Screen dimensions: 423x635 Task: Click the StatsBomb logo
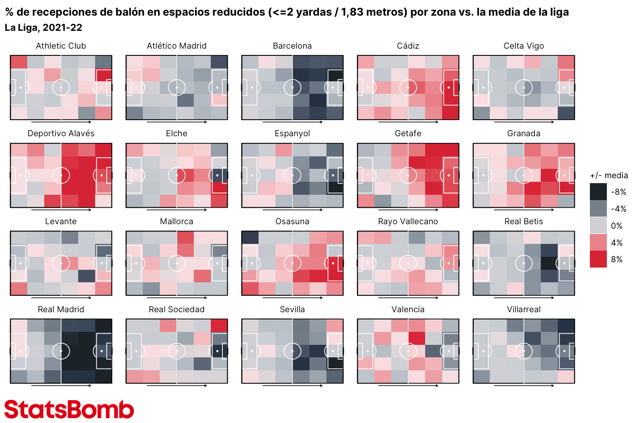[69, 409]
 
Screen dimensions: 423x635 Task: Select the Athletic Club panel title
[61, 46]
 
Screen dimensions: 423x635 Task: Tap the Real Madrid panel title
[61, 310]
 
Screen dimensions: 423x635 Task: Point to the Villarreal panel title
[523, 310]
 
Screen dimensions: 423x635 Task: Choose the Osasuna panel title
[292, 222]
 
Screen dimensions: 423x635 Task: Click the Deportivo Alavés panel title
[61, 134]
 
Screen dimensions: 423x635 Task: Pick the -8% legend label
[618, 192]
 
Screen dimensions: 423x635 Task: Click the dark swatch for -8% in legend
[598, 192]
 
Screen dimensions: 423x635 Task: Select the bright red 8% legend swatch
[598, 259]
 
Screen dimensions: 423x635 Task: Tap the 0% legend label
[617, 226]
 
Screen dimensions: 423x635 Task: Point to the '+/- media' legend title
[609, 176]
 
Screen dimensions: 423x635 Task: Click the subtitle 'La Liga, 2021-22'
[43, 28]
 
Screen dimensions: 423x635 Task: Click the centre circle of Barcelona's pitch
[292, 88]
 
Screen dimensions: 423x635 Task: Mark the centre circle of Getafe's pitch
[408, 176]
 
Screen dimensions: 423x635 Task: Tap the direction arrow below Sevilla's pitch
[292, 385]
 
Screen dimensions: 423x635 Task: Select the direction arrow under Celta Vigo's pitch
[524, 122]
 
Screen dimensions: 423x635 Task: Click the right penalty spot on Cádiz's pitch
[448, 88]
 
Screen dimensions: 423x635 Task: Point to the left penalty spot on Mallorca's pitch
[136, 263]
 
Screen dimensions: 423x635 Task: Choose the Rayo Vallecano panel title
[408, 222]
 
